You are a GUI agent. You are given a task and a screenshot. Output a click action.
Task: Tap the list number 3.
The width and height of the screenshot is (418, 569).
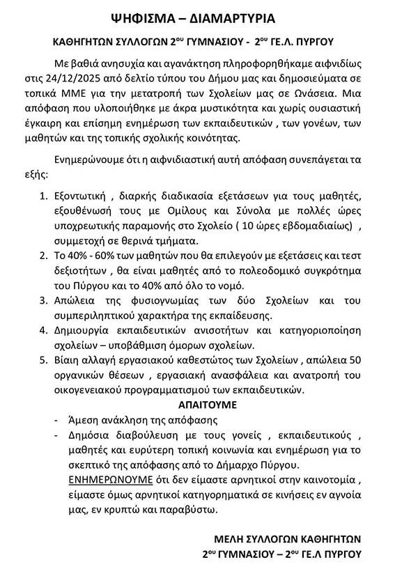[43, 302]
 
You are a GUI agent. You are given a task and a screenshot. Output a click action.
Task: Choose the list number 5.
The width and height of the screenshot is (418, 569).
[43, 361]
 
